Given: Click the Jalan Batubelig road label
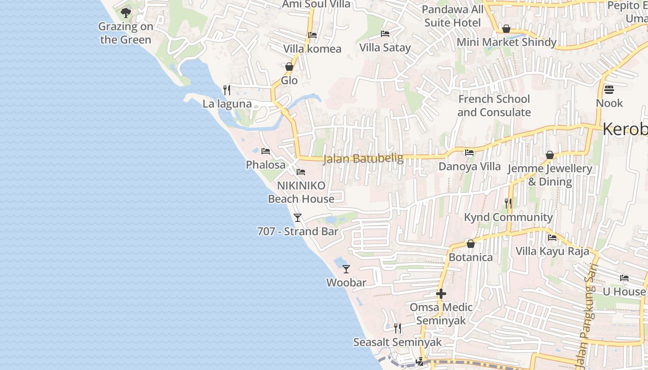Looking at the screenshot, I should [363, 159].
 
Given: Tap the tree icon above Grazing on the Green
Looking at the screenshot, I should [125, 12].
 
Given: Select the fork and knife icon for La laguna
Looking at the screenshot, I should [226, 89].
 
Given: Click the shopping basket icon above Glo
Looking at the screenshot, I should [289, 67].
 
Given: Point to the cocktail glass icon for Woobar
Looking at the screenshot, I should [346, 268].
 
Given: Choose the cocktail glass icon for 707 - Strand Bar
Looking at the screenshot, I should [298, 217].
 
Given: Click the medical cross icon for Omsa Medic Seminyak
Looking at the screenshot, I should [441, 293].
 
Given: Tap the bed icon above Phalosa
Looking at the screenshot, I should [265, 151].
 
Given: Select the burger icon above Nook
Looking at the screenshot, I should [609, 89].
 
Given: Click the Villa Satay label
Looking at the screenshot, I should [385, 48].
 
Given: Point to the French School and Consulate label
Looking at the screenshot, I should [494, 105].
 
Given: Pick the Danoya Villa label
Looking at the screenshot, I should [469, 166].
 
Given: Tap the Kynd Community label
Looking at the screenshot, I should [508, 217].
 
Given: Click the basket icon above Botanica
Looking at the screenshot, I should [471, 243].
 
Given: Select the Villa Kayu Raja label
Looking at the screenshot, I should [552, 252].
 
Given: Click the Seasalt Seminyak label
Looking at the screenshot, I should [398, 342].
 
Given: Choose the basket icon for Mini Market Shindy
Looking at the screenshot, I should [506, 29].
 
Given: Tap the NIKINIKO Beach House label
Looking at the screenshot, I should [301, 192].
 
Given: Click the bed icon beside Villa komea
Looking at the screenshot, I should [312, 35].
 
